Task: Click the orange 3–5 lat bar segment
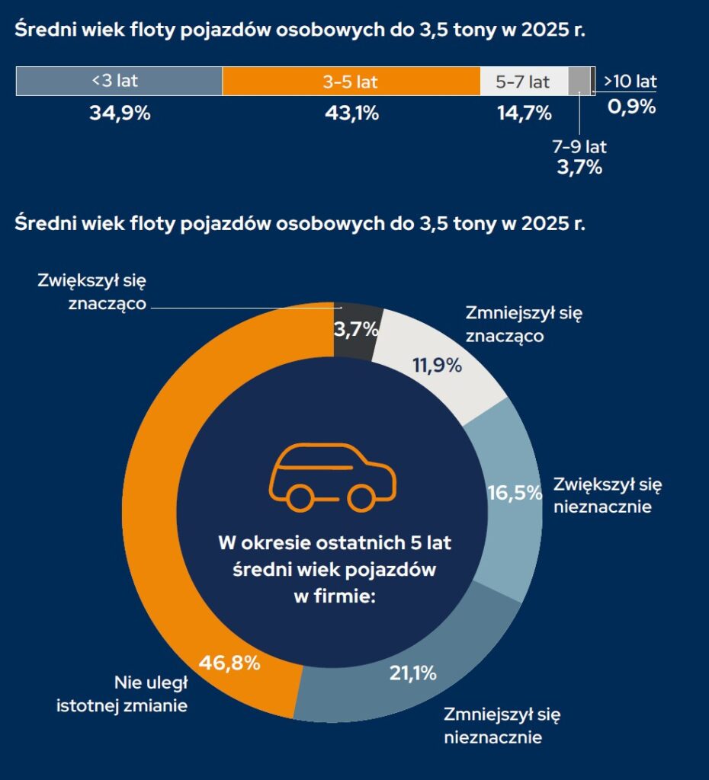pos(351,82)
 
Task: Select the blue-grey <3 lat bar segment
pos(119,82)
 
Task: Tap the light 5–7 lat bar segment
pos(523,82)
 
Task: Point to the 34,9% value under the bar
pos(120,114)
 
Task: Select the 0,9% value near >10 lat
pos(631,107)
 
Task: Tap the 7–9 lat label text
pos(579,147)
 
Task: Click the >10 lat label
pos(630,82)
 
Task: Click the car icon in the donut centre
pos(332,476)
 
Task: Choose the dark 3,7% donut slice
pos(357,328)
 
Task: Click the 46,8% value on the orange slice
pos(229,663)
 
